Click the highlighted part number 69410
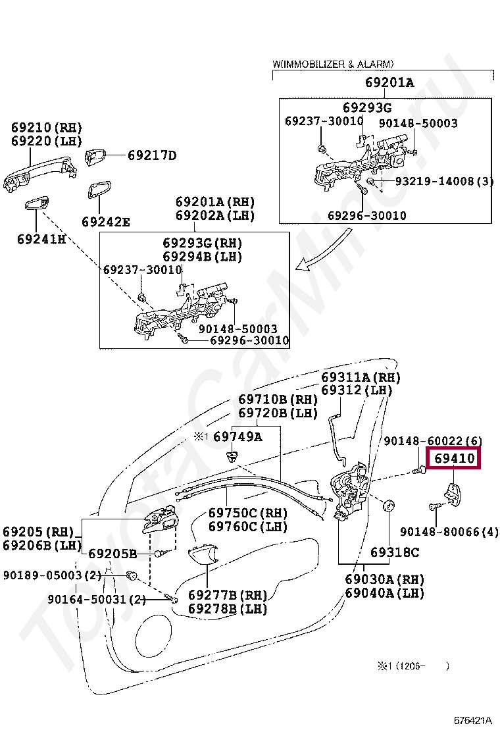point(454,457)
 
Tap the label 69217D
point(152,155)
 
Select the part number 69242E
point(105,222)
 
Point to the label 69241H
point(41,238)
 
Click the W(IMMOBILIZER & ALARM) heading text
point(333,64)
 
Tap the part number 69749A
point(238,436)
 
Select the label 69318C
point(394,552)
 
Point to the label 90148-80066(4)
point(449,531)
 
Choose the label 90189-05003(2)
point(51,575)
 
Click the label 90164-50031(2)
point(96,599)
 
